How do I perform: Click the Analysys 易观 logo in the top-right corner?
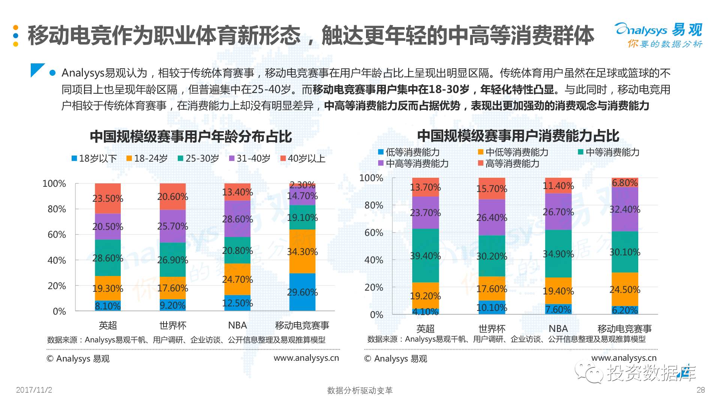point(658,35)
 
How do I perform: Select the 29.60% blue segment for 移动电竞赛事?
point(302,292)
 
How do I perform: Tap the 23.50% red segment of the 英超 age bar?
point(108,198)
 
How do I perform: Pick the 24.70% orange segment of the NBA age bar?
point(237,279)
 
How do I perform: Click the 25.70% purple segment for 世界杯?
point(172,226)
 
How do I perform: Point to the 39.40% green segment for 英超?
point(425,256)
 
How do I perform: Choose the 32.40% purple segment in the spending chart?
point(625,209)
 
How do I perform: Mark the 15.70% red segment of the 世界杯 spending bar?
point(492,189)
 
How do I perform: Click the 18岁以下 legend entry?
point(94,159)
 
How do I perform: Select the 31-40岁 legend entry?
point(250,159)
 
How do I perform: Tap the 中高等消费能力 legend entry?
point(413,163)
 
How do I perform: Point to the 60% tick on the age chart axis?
point(57,235)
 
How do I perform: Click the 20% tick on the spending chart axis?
point(373,288)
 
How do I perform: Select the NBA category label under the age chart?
point(237,325)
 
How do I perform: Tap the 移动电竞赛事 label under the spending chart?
point(624,329)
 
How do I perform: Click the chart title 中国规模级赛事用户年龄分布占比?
point(190,136)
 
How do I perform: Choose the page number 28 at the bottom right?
point(700,390)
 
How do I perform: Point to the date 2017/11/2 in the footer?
point(34,390)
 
